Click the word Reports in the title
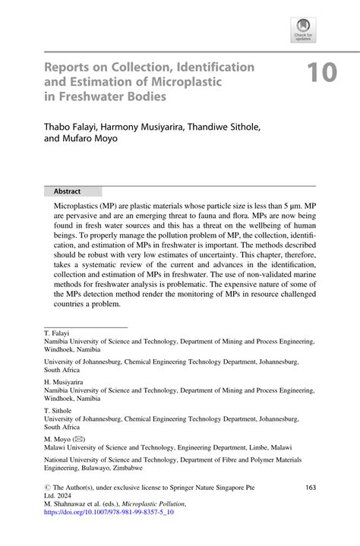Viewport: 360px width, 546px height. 69,67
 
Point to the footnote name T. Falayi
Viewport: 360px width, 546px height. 58,333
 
